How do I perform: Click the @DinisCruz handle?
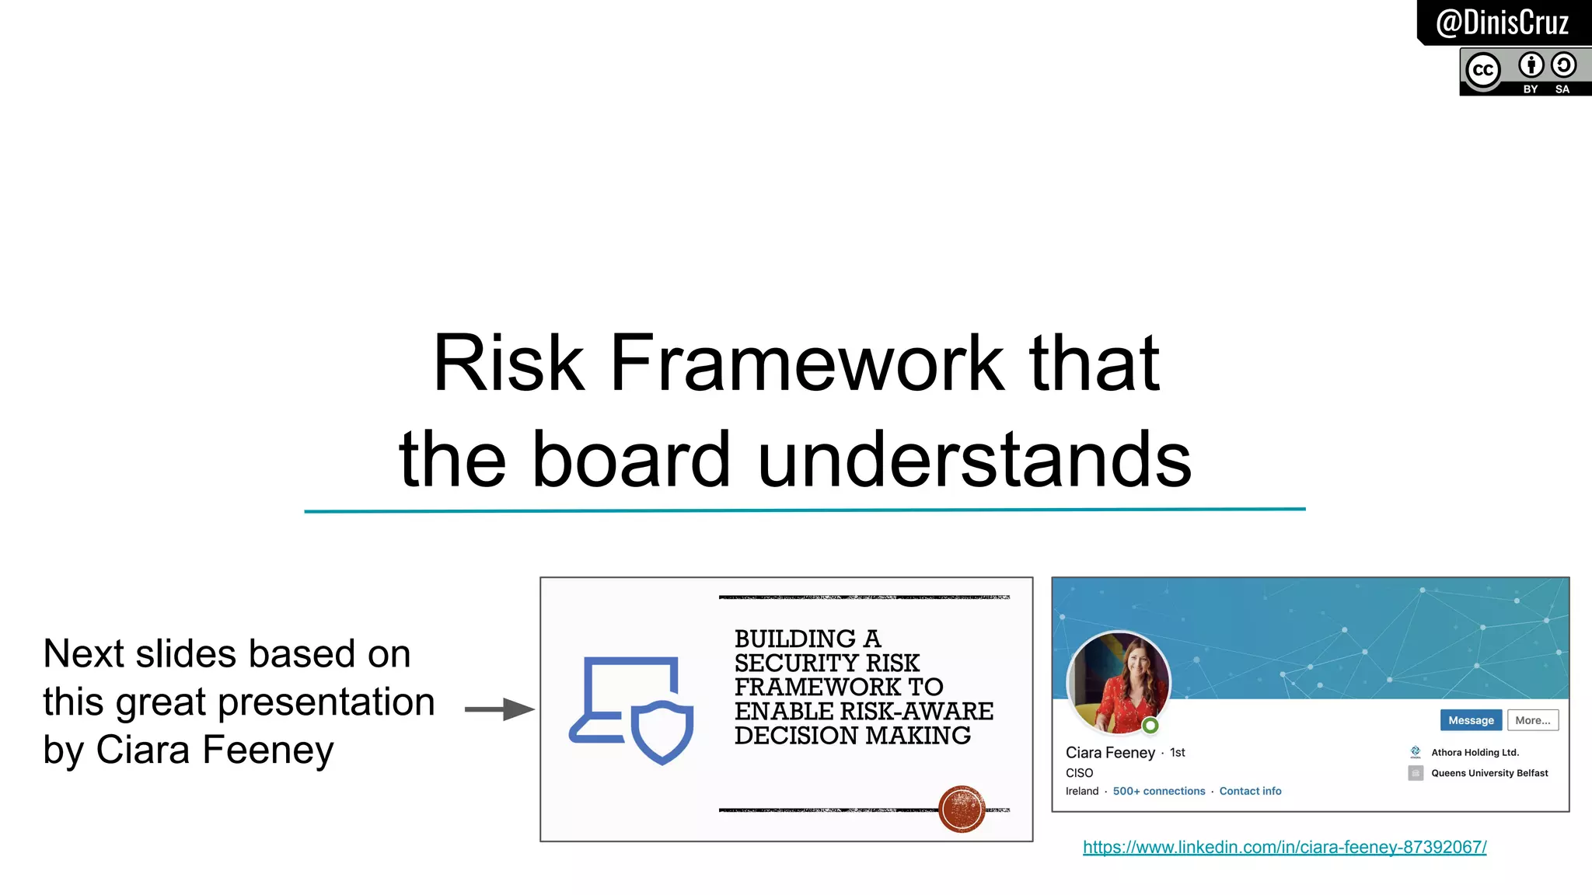(x=1502, y=23)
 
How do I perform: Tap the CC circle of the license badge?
(x=1483, y=71)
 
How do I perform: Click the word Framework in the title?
(x=807, y=363)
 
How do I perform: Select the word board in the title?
(x=631, y=460)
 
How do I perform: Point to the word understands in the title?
(x=974, y=460)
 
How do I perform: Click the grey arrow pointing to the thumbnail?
(x=499, y=709)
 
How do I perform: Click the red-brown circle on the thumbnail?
(x=962, y=809)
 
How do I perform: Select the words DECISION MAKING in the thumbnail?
(x=852, y=735)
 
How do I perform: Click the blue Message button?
(x=1471, y=720)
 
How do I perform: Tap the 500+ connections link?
(x=1158, y=791)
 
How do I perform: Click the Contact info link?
(x=1250, y=791)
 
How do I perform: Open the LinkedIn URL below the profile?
(x=1284, y=847)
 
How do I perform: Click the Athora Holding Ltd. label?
(x=1475, y=752)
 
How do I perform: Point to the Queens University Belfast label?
(x=1489, y=773)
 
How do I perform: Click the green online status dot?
(x=1150, y=726)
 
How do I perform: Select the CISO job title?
(x=1079, y=773)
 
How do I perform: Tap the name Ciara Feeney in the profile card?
(x=1110, y=753)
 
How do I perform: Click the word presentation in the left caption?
(x=326, y=702)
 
